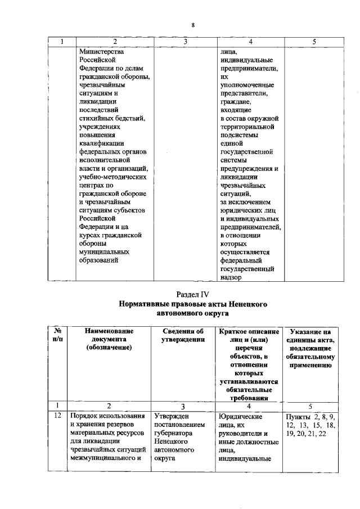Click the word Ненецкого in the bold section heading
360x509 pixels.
click(247, 304)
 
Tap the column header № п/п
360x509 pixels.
click(56, 336)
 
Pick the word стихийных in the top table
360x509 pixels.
click(96, 118)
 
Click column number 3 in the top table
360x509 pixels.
click(184, 41)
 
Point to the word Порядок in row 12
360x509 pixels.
click(83, 416)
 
